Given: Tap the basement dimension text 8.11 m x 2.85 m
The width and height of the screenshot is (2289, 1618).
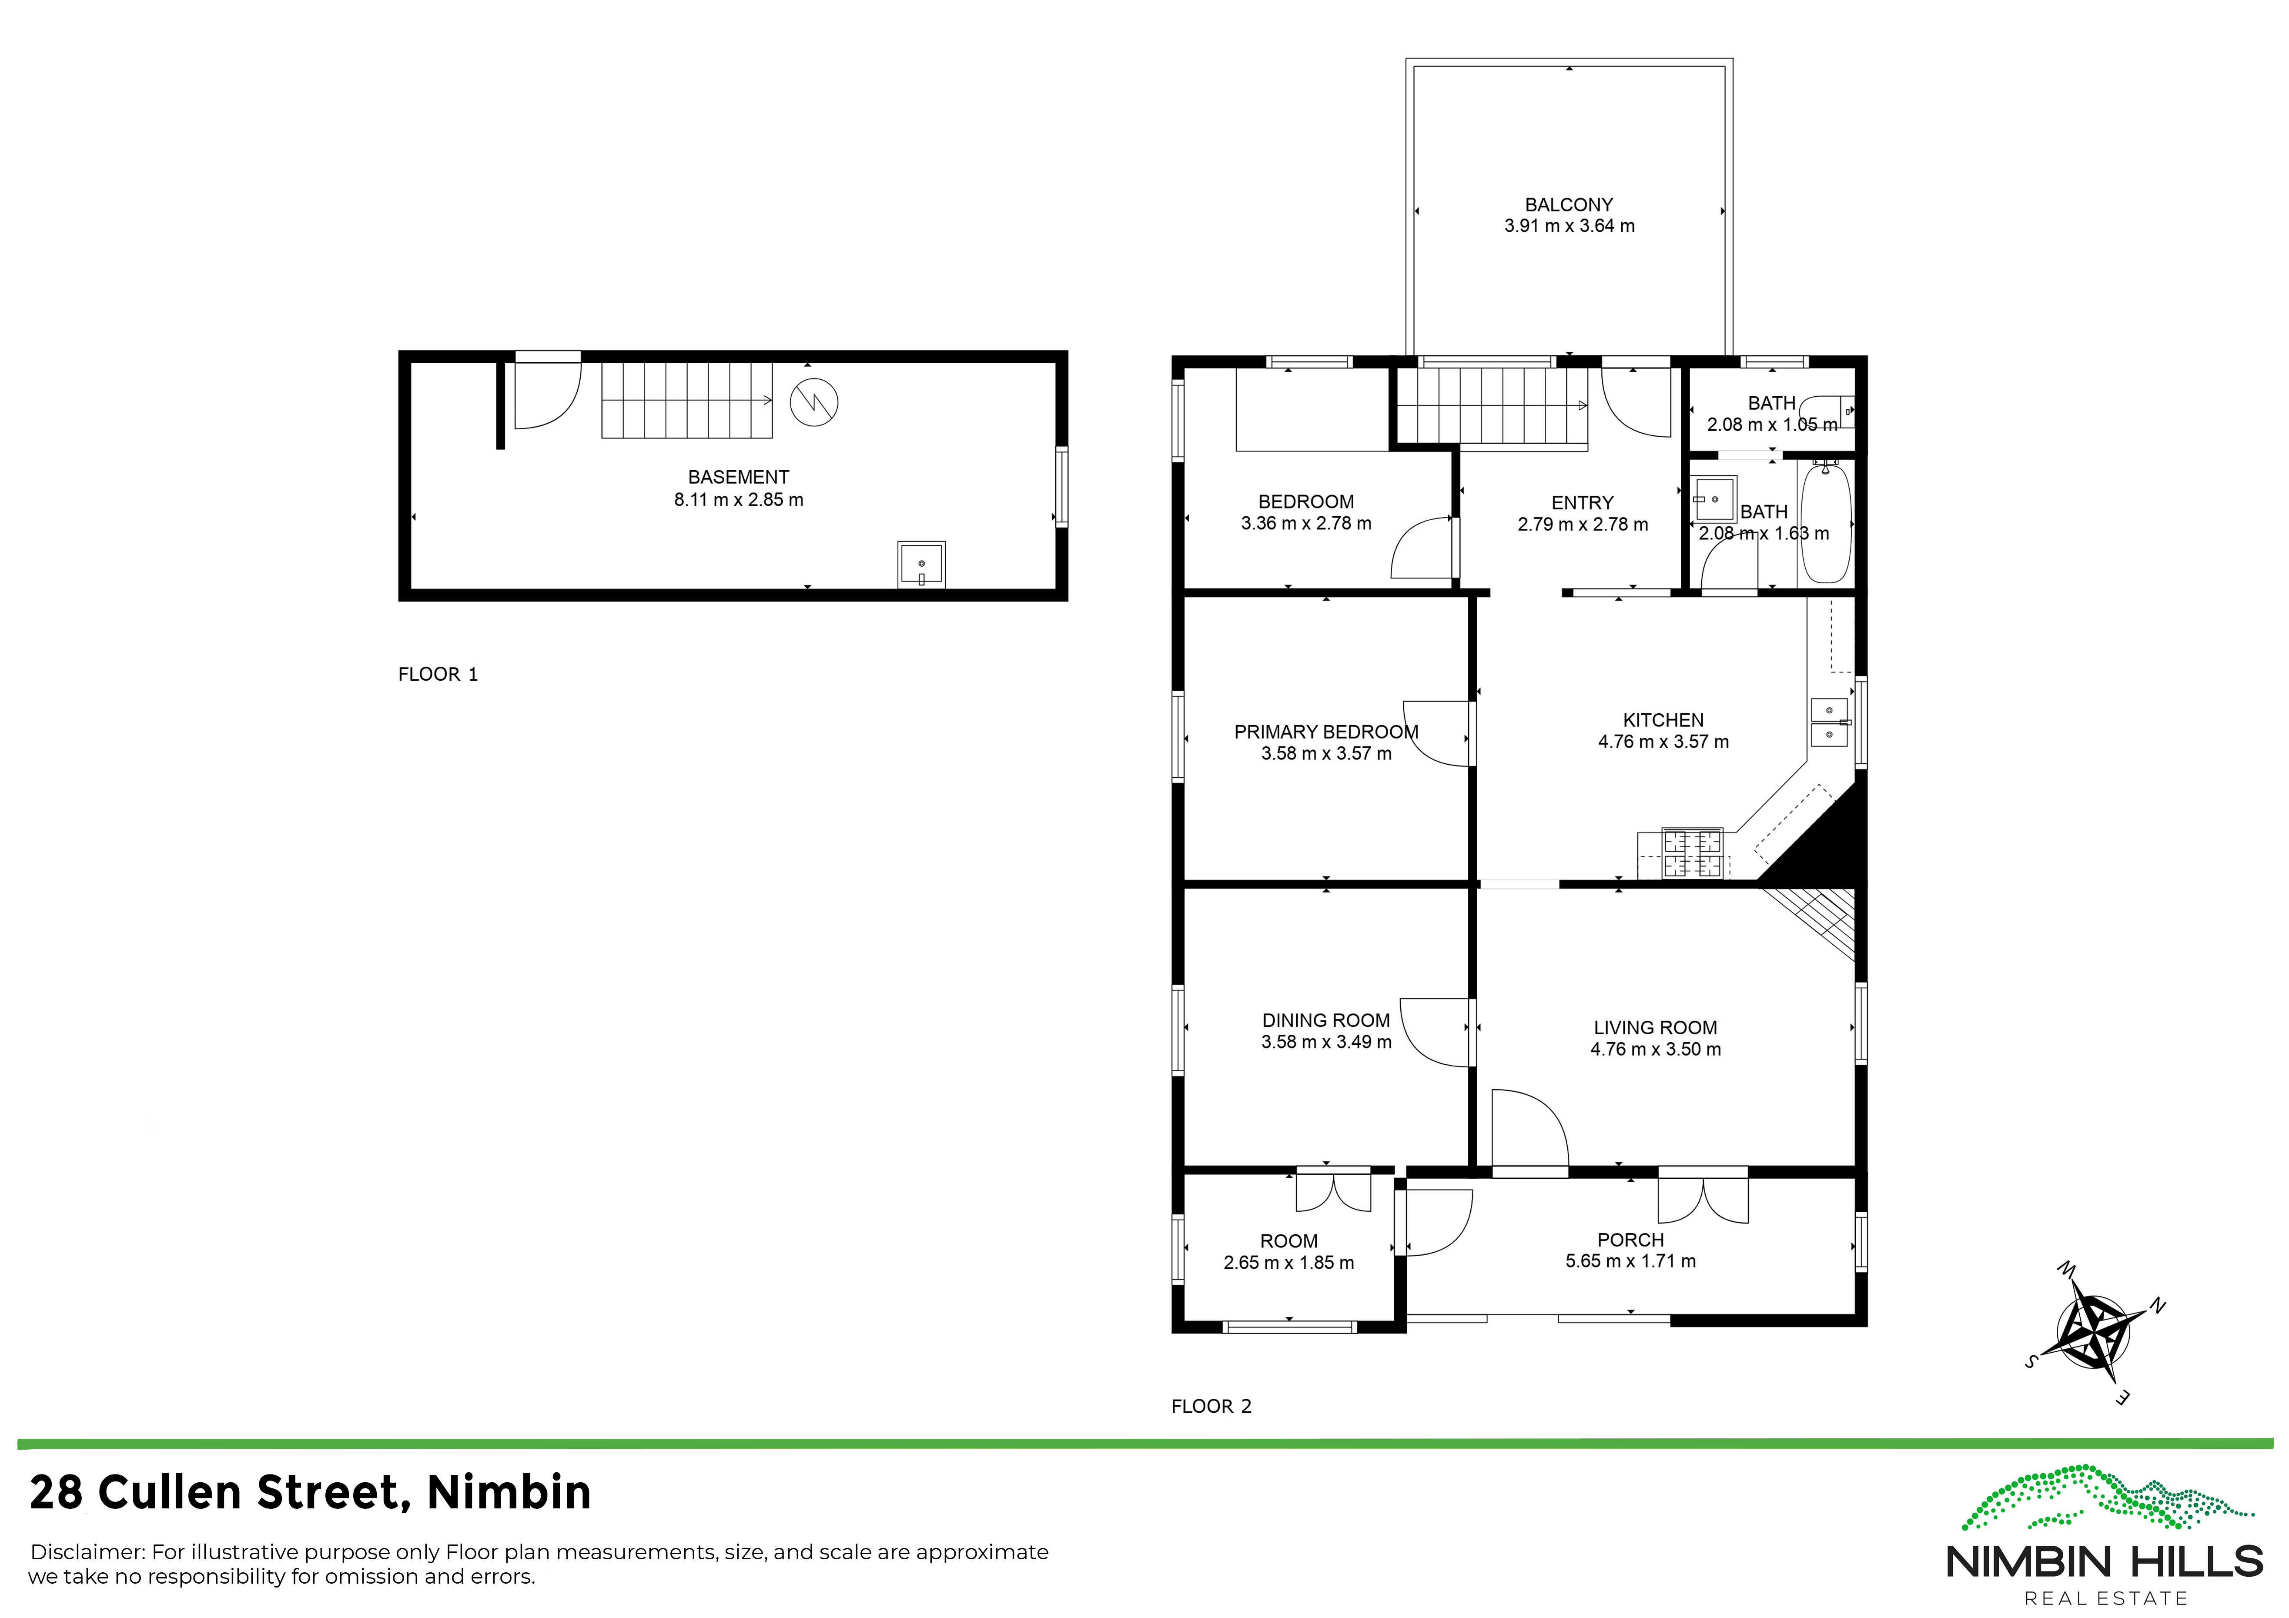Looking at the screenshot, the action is [x=739, y=499].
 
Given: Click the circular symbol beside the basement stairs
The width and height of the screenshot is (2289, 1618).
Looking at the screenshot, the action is [x=813, y=403].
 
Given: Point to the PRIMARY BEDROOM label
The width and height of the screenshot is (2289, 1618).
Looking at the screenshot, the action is [x=1326, y=732].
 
